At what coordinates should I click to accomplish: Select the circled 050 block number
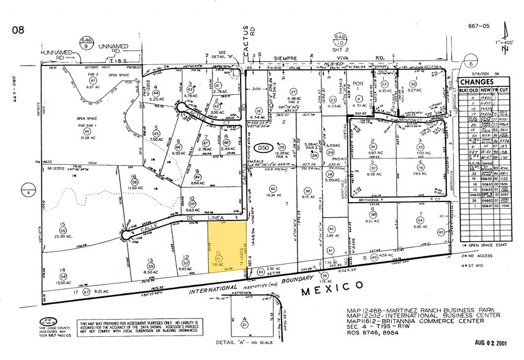pyautogui.click(x=264, y=148)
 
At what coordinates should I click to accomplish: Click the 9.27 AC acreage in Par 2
pyautogui.click(x=94, y=88)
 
